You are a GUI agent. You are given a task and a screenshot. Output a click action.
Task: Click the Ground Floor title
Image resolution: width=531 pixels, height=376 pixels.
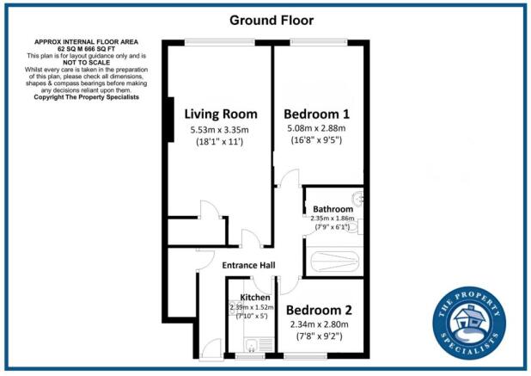[265, 19]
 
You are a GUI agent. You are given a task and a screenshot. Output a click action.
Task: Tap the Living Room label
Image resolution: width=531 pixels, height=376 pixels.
[221, 114]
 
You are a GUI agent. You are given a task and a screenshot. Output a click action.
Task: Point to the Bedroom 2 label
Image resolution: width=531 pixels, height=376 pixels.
[319, 310]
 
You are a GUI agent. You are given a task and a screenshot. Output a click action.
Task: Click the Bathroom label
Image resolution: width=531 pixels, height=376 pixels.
[333, 208]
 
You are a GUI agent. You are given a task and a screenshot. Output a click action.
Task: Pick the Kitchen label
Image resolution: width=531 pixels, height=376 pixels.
[255, 298]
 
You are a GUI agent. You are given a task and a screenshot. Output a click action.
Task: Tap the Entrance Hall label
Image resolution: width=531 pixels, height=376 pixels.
[247, 265]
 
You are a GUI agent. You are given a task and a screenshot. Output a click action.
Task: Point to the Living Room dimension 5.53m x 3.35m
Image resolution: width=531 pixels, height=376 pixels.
[221, 130]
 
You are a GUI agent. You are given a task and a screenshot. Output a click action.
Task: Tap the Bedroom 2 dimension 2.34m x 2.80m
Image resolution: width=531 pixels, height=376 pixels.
[319, 324]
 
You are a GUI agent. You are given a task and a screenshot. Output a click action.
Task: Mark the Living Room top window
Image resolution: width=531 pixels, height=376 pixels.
[217, 42]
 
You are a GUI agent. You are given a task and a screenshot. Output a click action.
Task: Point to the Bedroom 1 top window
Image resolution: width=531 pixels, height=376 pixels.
[319, 42]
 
